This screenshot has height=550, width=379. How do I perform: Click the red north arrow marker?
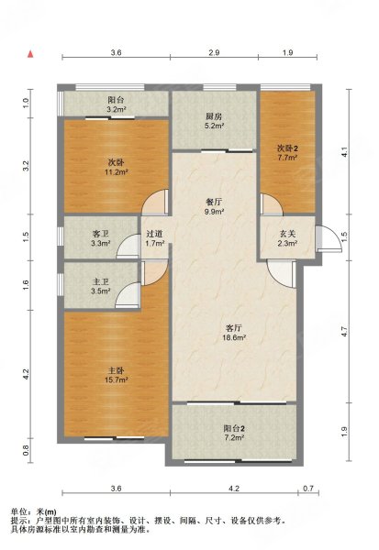click(30, 54)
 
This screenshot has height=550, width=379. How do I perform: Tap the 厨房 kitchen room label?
click(214, 116)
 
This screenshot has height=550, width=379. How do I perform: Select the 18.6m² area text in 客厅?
click(235, 337)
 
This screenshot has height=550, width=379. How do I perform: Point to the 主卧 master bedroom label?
click(116, 370)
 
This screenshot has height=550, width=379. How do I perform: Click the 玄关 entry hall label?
click(287, 234)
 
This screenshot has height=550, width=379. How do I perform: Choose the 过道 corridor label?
click(154, 234)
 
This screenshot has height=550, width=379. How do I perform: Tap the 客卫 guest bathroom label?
click(100, 234)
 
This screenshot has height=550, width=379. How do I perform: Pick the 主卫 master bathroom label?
click(100, 281)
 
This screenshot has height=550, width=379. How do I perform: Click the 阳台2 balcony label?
click(234, 428)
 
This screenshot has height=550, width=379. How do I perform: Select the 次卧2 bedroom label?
click(288, 148)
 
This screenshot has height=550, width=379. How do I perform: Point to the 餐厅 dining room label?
click(214, 203)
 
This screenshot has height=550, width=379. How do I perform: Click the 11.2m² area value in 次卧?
click(116, 172)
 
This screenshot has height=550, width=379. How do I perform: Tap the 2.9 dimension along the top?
click(214, 52)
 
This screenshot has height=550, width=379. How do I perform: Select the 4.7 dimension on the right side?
click(344, 332)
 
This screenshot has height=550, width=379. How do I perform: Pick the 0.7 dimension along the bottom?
click(308, 489)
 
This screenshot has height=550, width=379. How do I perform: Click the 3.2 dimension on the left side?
click(26, 166)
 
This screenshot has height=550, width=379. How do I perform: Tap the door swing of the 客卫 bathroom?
click(128, 246)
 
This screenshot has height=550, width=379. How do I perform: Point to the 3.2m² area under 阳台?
click(117, 109)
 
